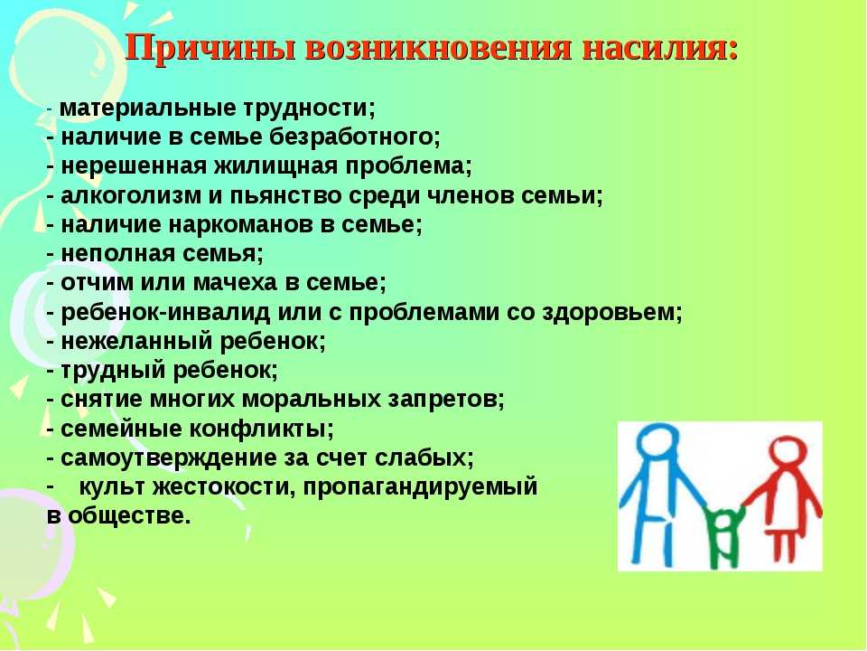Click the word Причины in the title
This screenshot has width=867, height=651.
coord(210,48)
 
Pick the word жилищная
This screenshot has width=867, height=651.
coord(275,166)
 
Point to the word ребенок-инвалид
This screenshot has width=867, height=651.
coord(164,313)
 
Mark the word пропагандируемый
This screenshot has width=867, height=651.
coord(420,487)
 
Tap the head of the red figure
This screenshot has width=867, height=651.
coord(788,454)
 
